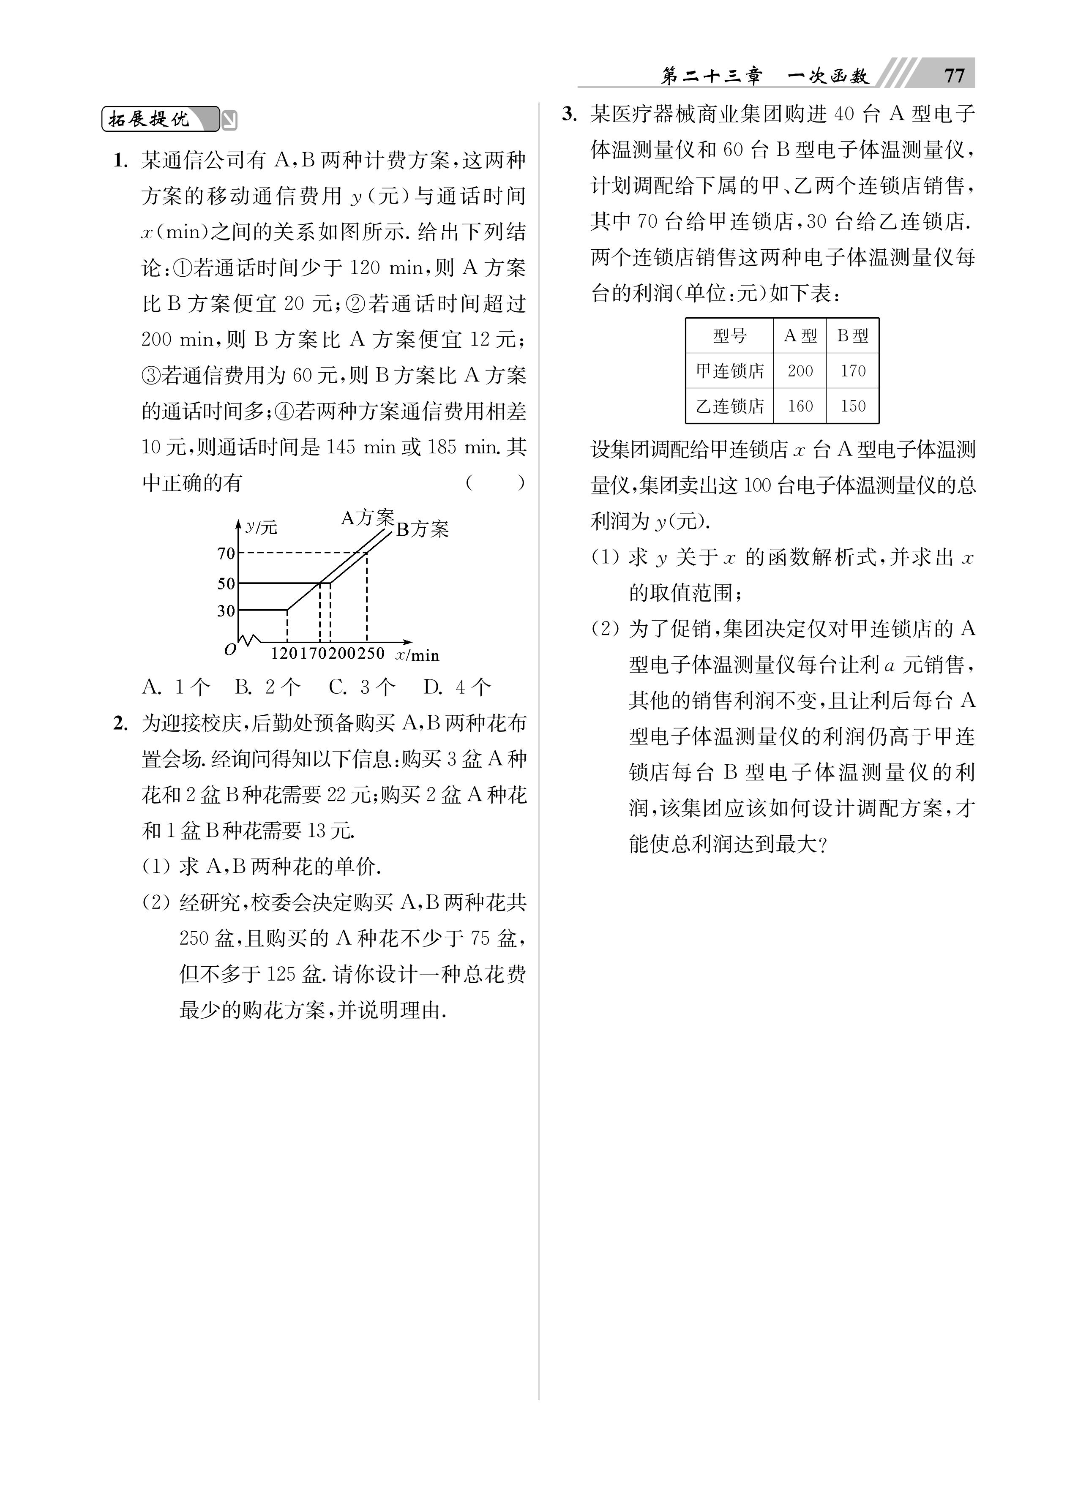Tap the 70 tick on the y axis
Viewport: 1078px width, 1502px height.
point(227,553)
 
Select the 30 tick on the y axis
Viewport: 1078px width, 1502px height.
point(227,611)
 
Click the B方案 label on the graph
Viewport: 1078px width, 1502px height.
point(422,529)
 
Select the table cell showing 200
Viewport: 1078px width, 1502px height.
point(800,371)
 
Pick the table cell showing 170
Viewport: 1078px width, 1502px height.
point(853,371)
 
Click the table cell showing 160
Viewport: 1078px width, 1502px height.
point(800,406)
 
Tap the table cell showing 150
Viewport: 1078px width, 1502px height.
point(853,406)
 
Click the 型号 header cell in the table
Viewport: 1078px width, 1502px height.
point(729,336)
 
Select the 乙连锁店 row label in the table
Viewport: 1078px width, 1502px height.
point(729,406)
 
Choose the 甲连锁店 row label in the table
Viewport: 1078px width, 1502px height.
point(729,371)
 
